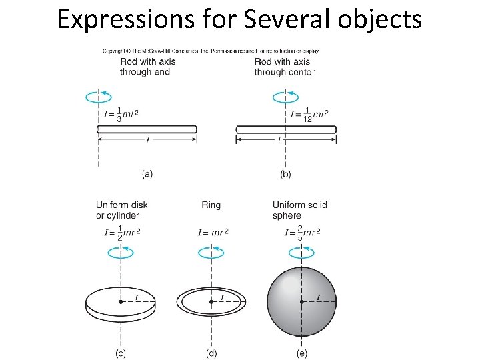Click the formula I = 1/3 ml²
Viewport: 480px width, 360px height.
[x=120, y=114]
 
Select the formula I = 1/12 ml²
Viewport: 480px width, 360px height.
[x=309, y=114]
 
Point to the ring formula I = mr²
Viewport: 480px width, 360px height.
[x=213, y=232]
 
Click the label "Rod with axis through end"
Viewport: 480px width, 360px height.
[x=147, y=67]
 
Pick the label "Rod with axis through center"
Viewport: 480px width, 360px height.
[x=284, y=67]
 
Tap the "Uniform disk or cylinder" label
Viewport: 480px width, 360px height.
[x=122, y=210]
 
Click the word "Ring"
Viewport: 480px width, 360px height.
[x=211, y=205]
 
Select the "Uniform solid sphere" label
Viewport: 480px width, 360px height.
[x=299, y=210]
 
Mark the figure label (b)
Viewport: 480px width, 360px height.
[x=285, y=175]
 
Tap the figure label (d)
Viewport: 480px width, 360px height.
[x=211, y=351]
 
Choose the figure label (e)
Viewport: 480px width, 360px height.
[x=302, y=351]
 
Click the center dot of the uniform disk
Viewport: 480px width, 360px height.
[x=120, y=302]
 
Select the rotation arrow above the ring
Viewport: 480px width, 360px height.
[x=211, y=252]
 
